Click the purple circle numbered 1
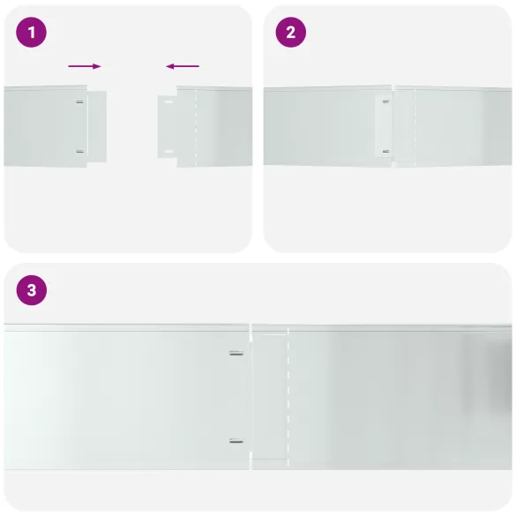(x=31, y=33)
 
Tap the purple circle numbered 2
(x=290, y=33)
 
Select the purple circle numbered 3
(x=32, y=290)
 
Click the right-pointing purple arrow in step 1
(x=85, y=66)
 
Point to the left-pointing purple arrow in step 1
(x=183, y=66)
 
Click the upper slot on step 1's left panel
(x=79, y=101)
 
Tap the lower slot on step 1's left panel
(x=79, y=152)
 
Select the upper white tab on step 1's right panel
(x=168, y=102)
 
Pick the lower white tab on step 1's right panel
(x=168, y=152)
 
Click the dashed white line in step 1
(x=196, y=127)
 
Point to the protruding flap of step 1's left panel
(x=97, y=126)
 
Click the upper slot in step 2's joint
(x=385, y=101)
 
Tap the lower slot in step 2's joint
(x=385, y=152)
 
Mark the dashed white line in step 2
(x=415, y=127)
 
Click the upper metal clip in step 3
(x=236, y=353)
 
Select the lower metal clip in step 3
(x=236, y=441)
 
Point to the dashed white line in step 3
(x=288, y=397)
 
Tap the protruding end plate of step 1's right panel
(x=168, y=127)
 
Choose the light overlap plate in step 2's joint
(x=384, y=126)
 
